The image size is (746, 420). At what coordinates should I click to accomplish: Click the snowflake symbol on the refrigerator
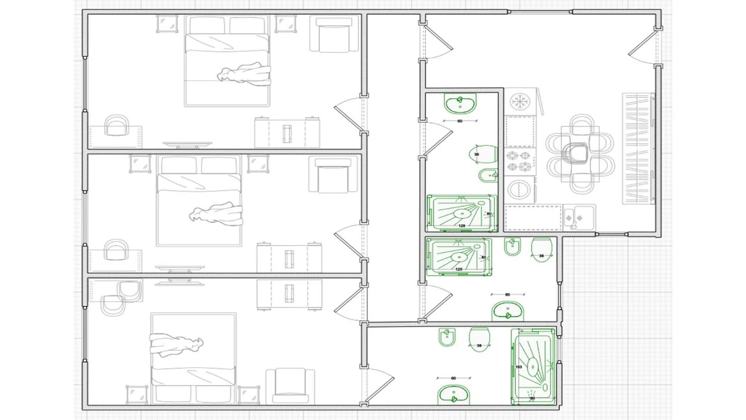520,101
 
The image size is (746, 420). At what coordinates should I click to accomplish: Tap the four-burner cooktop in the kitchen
519,161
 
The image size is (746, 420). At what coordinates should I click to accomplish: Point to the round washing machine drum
519,190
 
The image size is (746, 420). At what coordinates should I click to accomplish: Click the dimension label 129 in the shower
462,226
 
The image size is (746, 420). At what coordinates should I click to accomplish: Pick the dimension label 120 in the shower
459,269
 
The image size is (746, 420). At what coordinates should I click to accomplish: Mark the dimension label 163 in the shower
519,367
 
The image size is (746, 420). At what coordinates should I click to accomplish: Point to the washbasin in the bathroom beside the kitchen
460,104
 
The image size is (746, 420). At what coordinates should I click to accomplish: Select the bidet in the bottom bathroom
447,337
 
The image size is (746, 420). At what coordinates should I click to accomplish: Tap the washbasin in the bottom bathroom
453,394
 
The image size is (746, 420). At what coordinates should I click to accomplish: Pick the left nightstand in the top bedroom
167,23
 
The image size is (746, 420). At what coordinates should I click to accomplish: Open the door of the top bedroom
349,113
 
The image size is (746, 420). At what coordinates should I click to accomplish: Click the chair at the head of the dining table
576,152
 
